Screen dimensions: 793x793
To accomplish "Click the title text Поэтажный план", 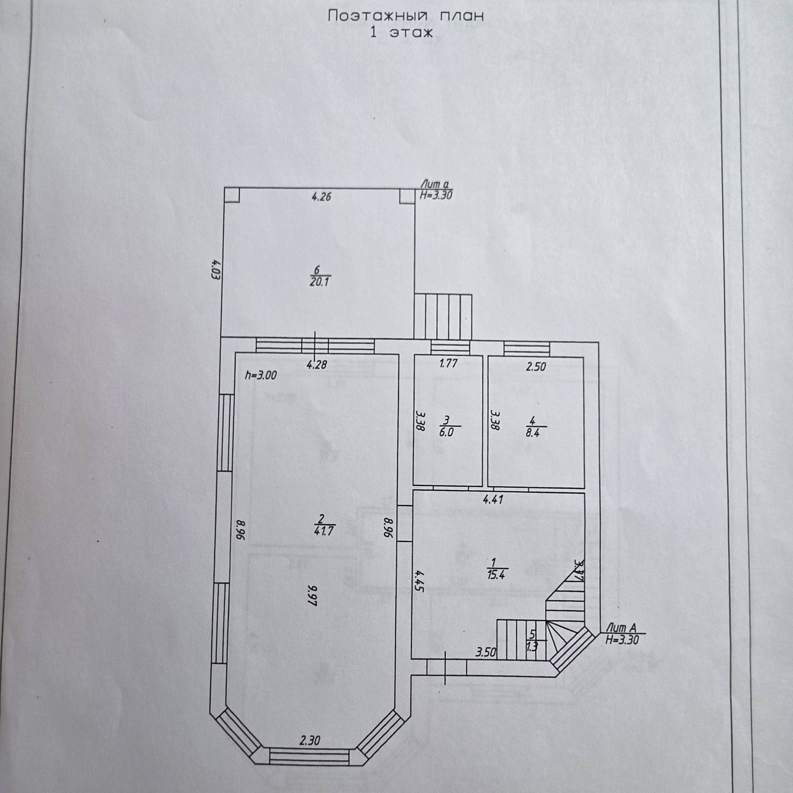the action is pyautogui.click(x=406, y=16).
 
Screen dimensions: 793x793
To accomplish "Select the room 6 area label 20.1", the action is pyautogui.click(x=320, y=282).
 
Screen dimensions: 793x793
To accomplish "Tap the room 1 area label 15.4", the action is pyautogui.click(x=496, y=575).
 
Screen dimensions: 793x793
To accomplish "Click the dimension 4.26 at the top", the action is pyautogui.click(x=321, y=197).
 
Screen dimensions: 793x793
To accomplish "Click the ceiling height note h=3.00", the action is pyautogui.click(x=261, y=375).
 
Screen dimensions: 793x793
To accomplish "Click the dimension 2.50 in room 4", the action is pyautogui.click(x=536, y=367).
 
